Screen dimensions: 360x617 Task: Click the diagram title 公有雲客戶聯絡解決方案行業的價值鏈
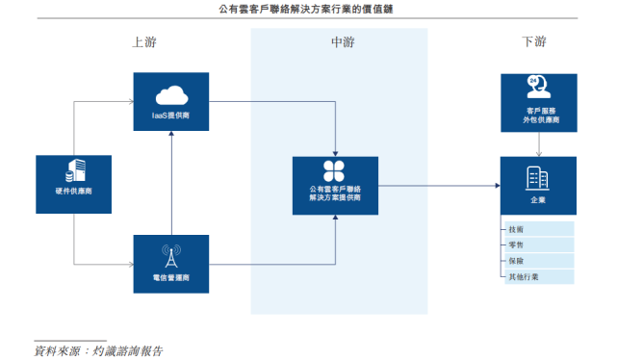[x=308, y=10]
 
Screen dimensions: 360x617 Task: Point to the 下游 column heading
[x=533, y=42]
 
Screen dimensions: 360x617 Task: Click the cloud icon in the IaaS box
[x=169, y=94]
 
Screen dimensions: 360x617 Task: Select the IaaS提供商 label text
[x=169, y=115]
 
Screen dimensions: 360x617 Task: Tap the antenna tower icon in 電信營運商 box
[x=169, y=256]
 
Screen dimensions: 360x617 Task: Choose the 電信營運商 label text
[x=169, y=277]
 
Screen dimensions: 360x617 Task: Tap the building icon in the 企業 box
[x=537, y=177]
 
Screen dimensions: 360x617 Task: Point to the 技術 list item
[x=517, y=229]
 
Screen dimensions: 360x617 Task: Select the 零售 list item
[x=517, y=244]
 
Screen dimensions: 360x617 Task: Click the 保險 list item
[x=517, y=261]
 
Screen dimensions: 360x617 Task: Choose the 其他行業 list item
[x=524, y=276]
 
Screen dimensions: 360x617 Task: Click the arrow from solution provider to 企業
[x=438, y=185]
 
